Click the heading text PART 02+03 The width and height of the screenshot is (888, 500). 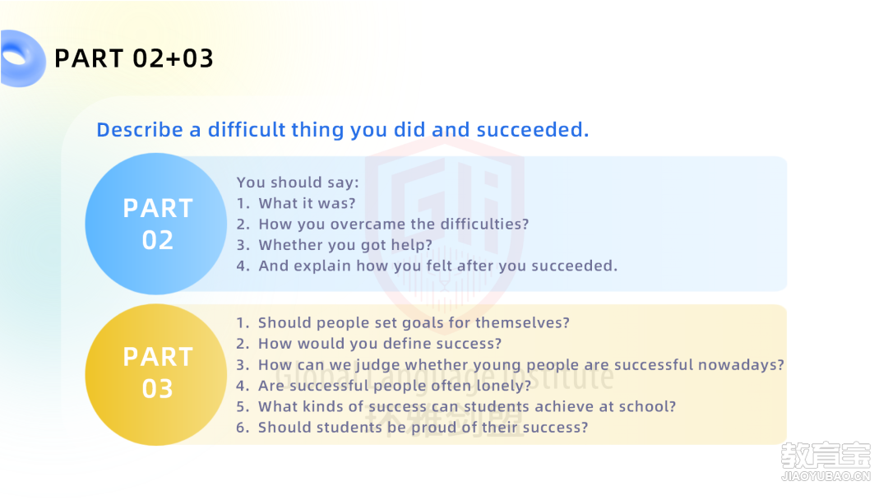pos(134,58)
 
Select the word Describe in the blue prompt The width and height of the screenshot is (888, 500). pos(140,130)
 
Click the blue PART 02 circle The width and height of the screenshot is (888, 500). pos(156,224)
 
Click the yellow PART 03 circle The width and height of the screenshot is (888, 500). pos(156,374)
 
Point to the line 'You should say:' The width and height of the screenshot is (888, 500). pos(298,183)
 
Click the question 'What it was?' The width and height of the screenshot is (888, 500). pos(307,203)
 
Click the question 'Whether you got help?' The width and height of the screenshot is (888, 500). pos(345,245)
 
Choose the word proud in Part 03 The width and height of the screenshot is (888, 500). pos(434,428)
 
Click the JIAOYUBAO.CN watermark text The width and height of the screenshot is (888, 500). pos(826,476)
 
